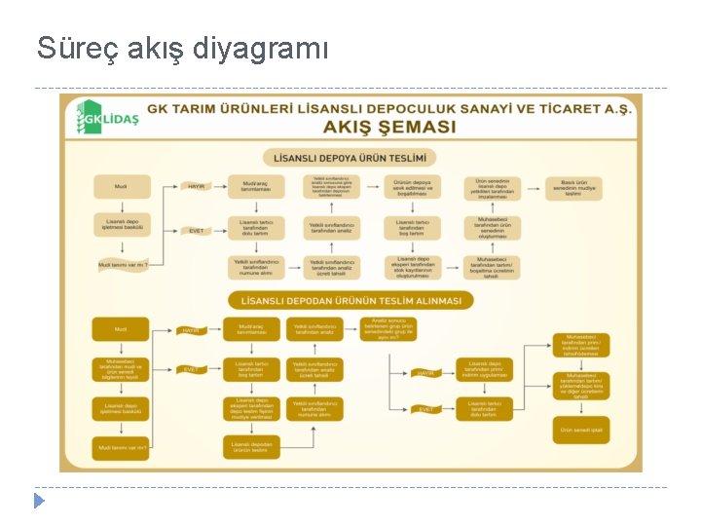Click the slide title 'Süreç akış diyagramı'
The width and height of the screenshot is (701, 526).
pos(183,47)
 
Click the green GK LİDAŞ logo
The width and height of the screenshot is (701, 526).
pos(108,118)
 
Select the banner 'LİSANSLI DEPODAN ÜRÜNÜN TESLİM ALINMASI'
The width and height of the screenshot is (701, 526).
pos(350,300)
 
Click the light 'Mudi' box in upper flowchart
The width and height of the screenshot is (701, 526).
pos(121,186)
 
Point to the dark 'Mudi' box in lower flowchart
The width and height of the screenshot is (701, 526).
pos(121,329)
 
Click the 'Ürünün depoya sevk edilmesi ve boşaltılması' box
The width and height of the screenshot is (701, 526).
pos(412,187)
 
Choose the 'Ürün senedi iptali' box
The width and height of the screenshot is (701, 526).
pos(581,430)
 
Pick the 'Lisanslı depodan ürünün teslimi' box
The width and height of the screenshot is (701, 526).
pos(251,448)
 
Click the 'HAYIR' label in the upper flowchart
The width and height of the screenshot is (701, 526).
pos(197,186)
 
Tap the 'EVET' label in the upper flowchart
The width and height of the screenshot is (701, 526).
pos(197,231)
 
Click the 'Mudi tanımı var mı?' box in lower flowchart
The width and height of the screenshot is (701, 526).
pos(121,448)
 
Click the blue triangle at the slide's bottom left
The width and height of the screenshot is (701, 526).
pos(39,501)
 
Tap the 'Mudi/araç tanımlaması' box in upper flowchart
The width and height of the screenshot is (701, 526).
pos(255,186)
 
